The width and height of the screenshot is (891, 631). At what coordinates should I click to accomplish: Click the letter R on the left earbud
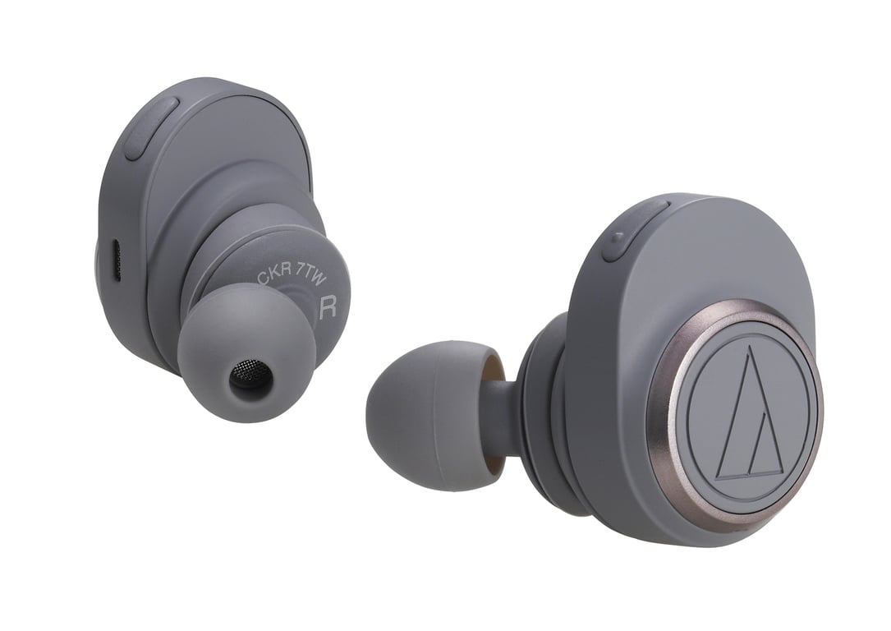pyautogui.click(x=327, y=307)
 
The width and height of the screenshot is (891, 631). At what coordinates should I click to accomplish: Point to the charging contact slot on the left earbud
pyautogui.click(x=115, y=261)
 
